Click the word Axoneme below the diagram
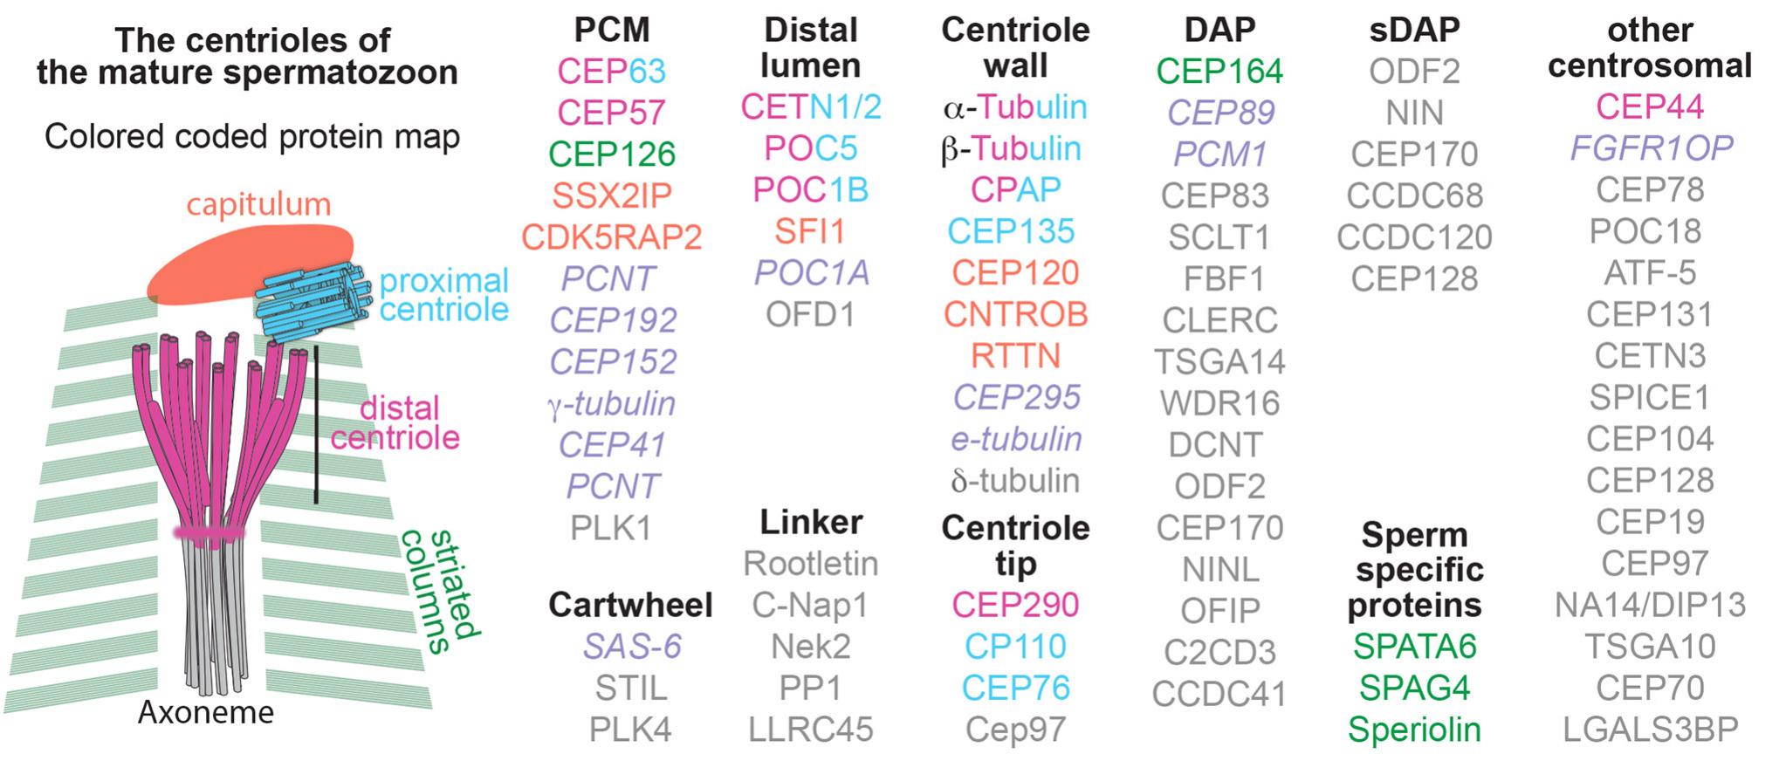click(x=206, y=713)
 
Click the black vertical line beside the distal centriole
click(x=316, y=425)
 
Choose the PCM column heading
click(x=612, y=30)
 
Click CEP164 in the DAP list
click(x=1219, y=71)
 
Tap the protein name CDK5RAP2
click(x=612, y=237)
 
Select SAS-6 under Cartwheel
click(x=632, y=647)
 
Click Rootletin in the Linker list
click(x=811, y=564)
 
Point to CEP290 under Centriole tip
click(x=1015, y=605)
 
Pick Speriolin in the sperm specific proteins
click(x=1414, y=730)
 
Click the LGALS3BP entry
click(x=1650, y=730)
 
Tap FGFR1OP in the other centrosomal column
click(x=1651, y=148)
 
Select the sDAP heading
click(x=1414, y=30)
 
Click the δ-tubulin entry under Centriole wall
click(x=1015, y=481)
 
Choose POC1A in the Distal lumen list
click(x=812, y=273)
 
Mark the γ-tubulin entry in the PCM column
click(x=612, y=404)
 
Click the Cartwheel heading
click(x=630, y=605)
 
